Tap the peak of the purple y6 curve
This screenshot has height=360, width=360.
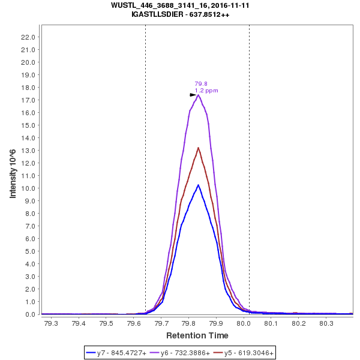(x=198, y=94)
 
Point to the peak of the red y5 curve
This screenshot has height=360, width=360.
(x=198, y=148)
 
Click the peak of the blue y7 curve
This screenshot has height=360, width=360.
(x=198, y=185)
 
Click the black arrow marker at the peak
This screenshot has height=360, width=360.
(x=193, y=94)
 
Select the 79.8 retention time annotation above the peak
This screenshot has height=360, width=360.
(x=201, y=84)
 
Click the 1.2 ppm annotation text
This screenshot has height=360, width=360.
(x=206, y=91)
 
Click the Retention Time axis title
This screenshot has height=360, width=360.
(x=197, y=335)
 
